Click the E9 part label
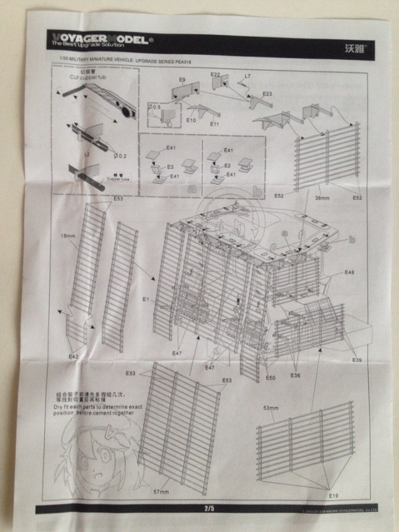coord(182,80)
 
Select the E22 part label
coord(215,75)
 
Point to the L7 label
coord(248,76)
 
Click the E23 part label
coord(267,94)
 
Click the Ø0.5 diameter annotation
coord(155,107)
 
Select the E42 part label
coord(74,355)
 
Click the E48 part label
coord(349,273)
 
